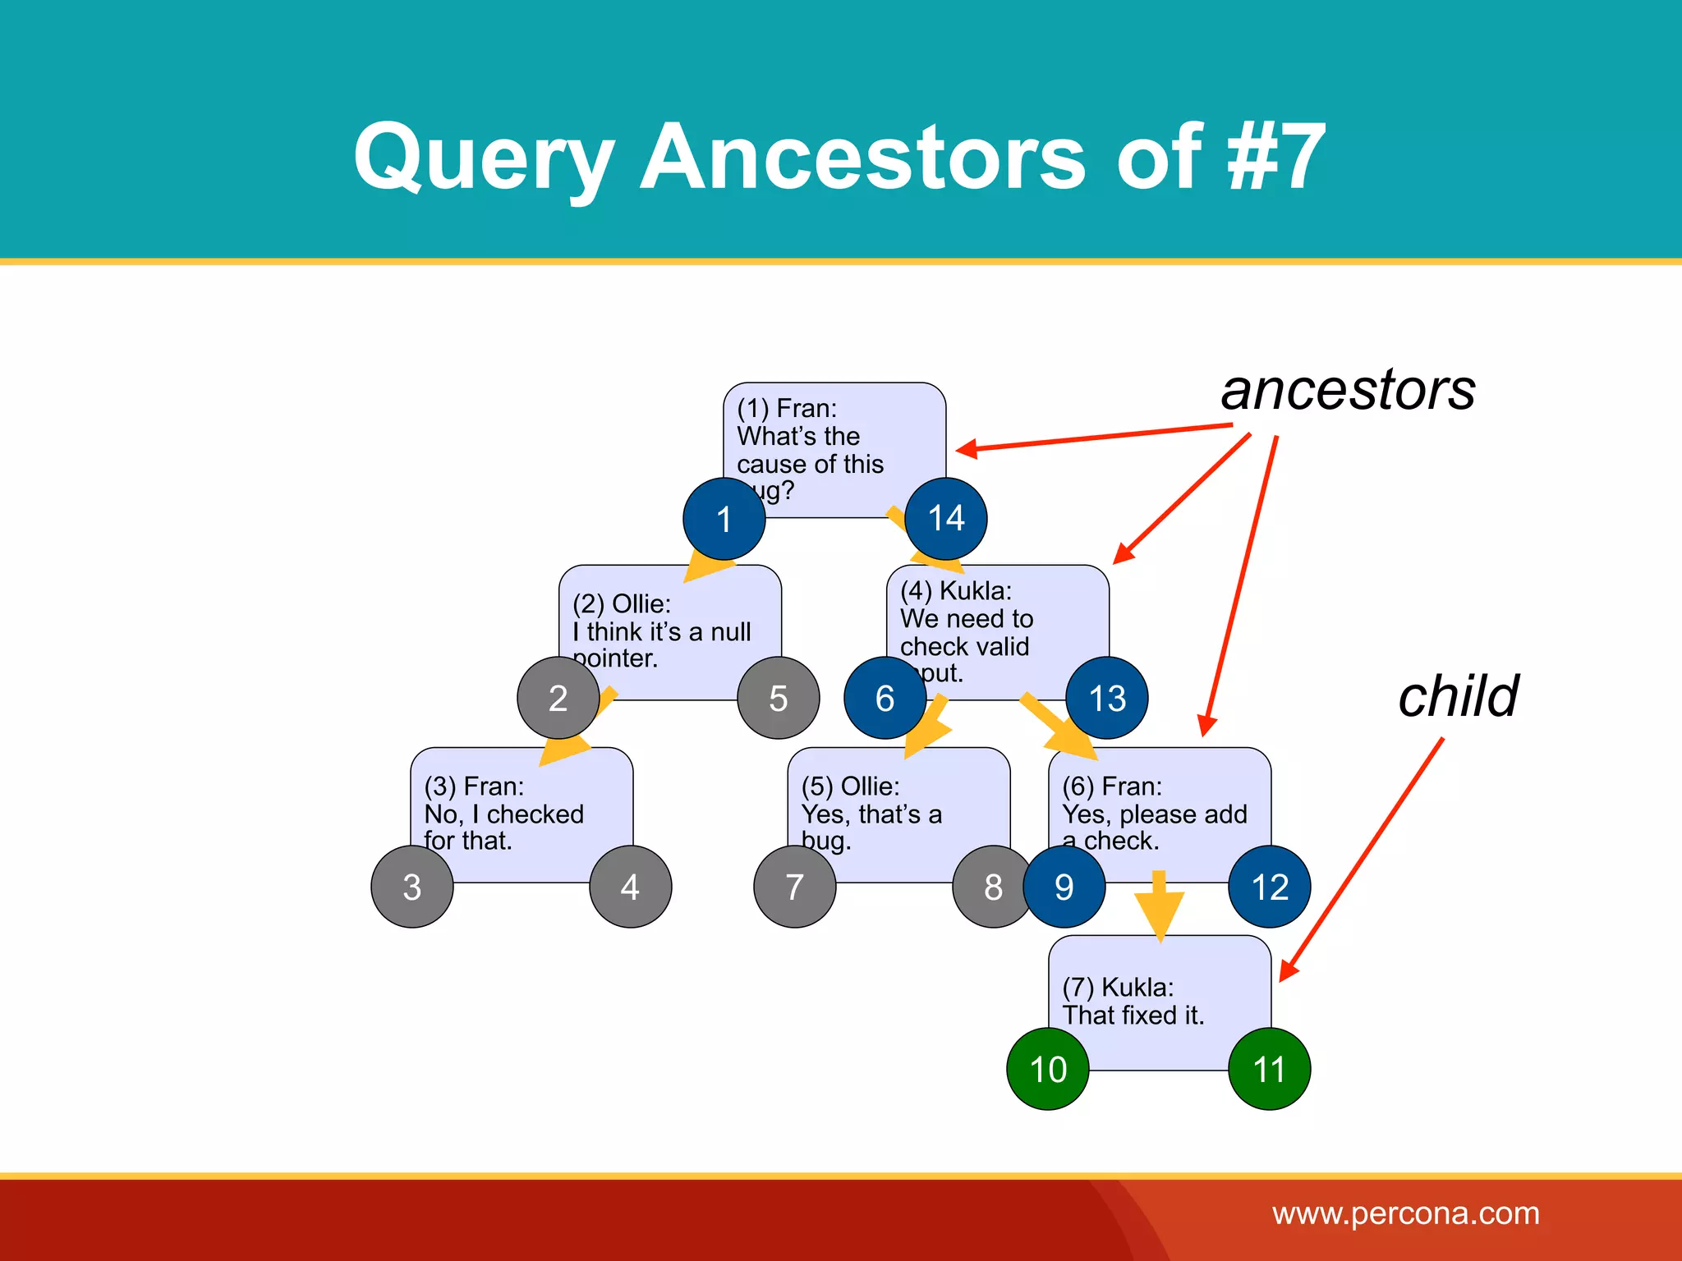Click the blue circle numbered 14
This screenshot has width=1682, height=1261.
[x=945, y=519]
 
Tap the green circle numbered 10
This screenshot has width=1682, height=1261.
[x=1048, y=1069]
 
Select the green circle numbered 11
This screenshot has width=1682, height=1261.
[x=1269, y=1069]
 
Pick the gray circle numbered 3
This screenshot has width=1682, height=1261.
[x=412, y=887]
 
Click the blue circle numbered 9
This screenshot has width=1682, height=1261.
[x=1064, y=887]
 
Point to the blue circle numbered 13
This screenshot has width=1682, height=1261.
[x=1106, y=698]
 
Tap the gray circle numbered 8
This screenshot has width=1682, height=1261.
[x=992, y=887]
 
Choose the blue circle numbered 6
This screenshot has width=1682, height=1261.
[x=885, y=698]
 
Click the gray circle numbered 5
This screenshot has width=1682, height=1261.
[x=778, y=698]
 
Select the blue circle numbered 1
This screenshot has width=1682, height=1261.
[x=724, y=519]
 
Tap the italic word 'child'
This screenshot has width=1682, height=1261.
[x=1458, y=696]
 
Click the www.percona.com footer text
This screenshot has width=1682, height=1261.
[x=1405, y=1213]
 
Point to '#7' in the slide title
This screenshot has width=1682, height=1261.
[x=1275, y=156]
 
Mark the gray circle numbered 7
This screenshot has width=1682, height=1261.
[x=794, y=887]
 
